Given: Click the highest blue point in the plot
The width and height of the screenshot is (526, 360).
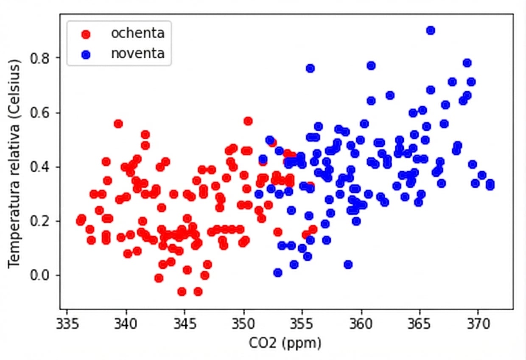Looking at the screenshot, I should tap(431, 30).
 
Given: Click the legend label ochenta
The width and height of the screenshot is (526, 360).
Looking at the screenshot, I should tap(137, 33).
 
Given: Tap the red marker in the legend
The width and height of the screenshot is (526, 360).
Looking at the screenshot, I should tap(86, 34).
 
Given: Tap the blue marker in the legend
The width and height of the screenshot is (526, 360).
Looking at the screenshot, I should tap(86, 55).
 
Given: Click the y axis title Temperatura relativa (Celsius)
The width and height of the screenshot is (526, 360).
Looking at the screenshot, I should tap(14, 163).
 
